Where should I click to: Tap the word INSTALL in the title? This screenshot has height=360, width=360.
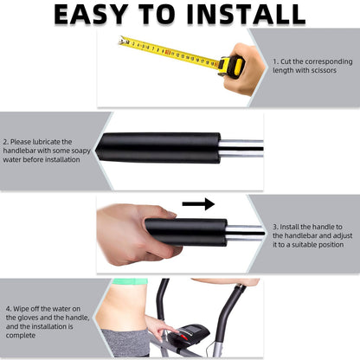click(246, 15)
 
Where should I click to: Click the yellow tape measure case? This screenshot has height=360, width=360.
click(231, 67)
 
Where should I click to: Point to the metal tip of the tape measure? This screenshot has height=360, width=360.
click(122, 41)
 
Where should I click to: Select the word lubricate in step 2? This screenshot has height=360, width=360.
click(46, 142)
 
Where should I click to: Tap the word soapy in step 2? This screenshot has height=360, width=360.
click(80, 151)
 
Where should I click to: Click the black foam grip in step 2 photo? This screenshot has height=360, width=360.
click(158, 148)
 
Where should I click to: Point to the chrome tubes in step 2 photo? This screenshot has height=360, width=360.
click(241, 148)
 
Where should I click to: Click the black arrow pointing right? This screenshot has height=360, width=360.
click(198, 204)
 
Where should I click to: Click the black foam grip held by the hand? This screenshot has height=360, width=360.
click(186, 232)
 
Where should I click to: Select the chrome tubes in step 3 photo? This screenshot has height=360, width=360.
click(245, 233)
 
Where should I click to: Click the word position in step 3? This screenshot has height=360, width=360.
click(331, 245)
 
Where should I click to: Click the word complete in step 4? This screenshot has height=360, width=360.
click(21, 336)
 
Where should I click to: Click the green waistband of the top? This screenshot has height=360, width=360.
click(130, 281)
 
